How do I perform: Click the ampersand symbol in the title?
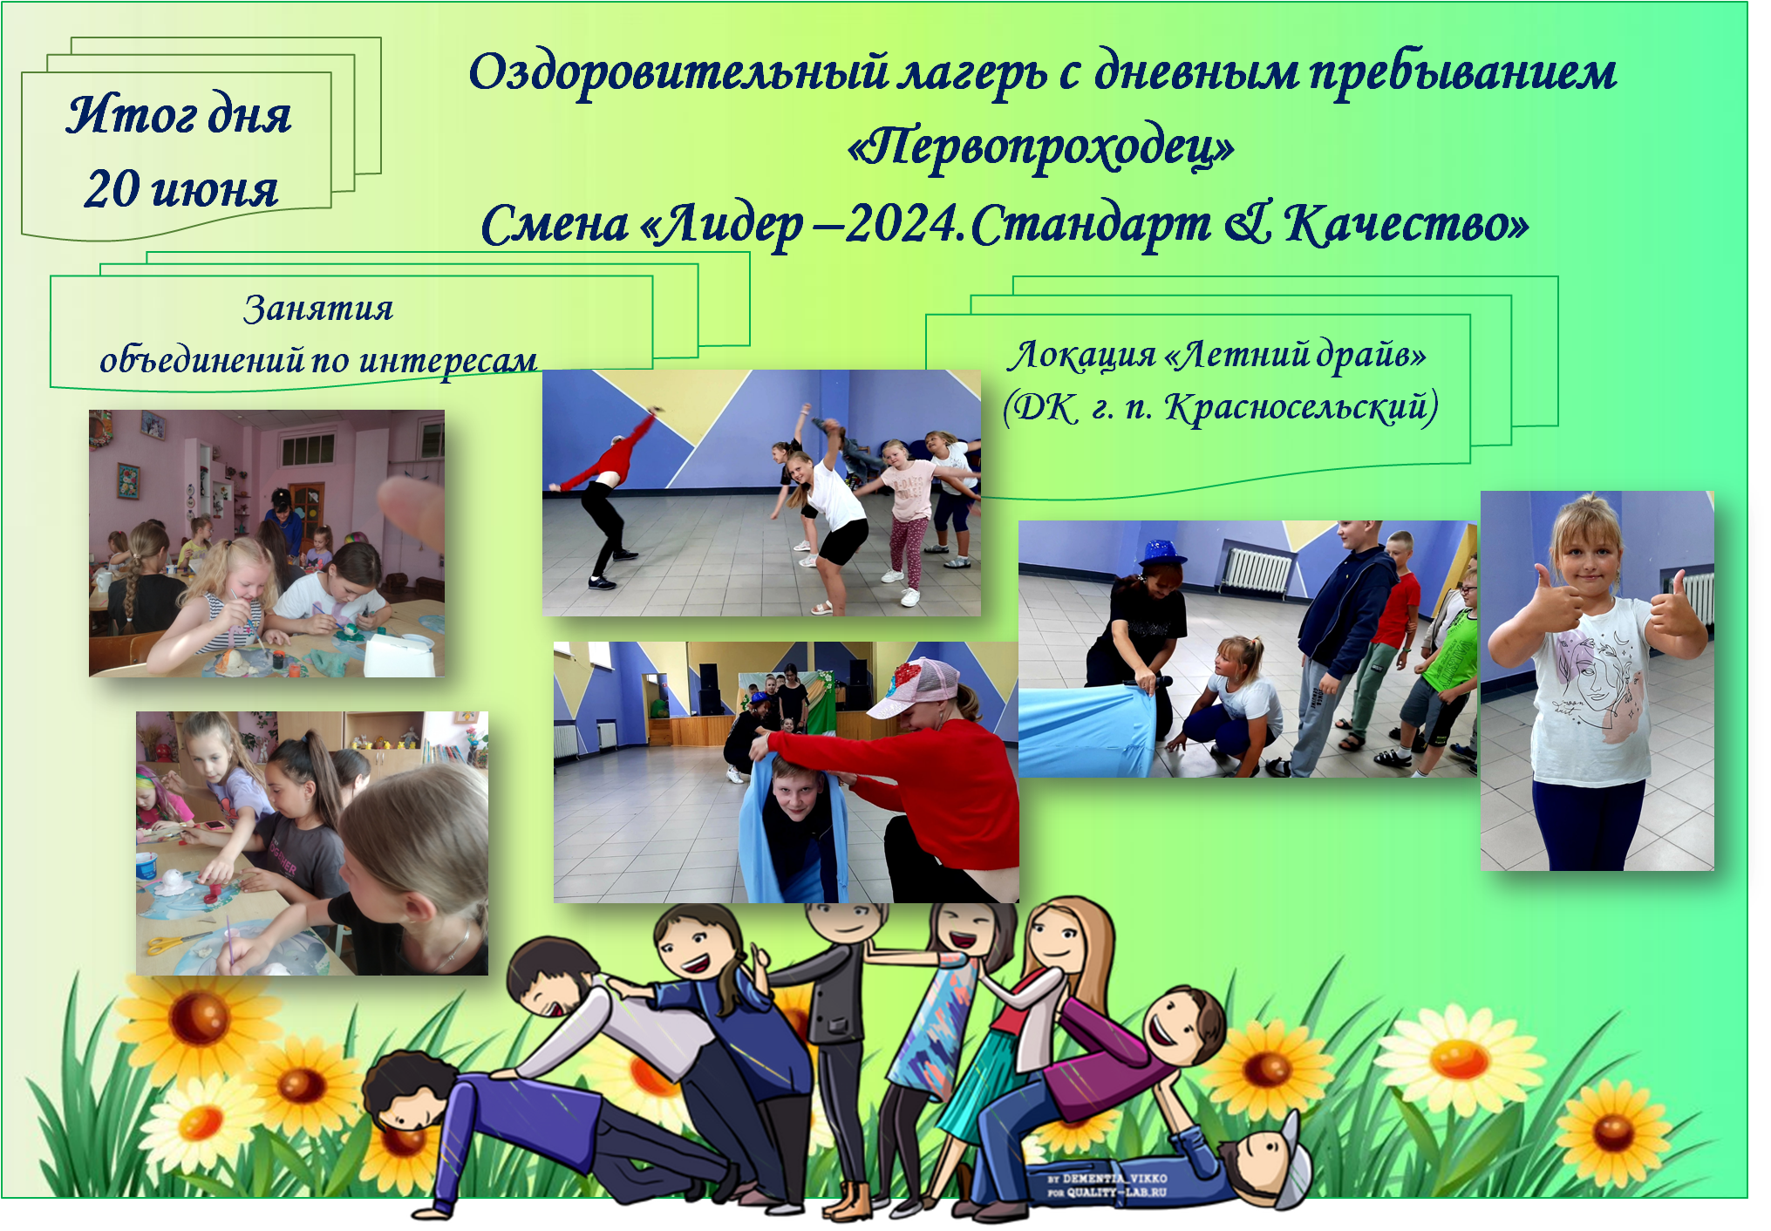click(1249, 223)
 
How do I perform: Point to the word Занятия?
click(318, 309)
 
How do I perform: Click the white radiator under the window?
click(1256, 571)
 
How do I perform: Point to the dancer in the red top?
click(605, 497)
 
